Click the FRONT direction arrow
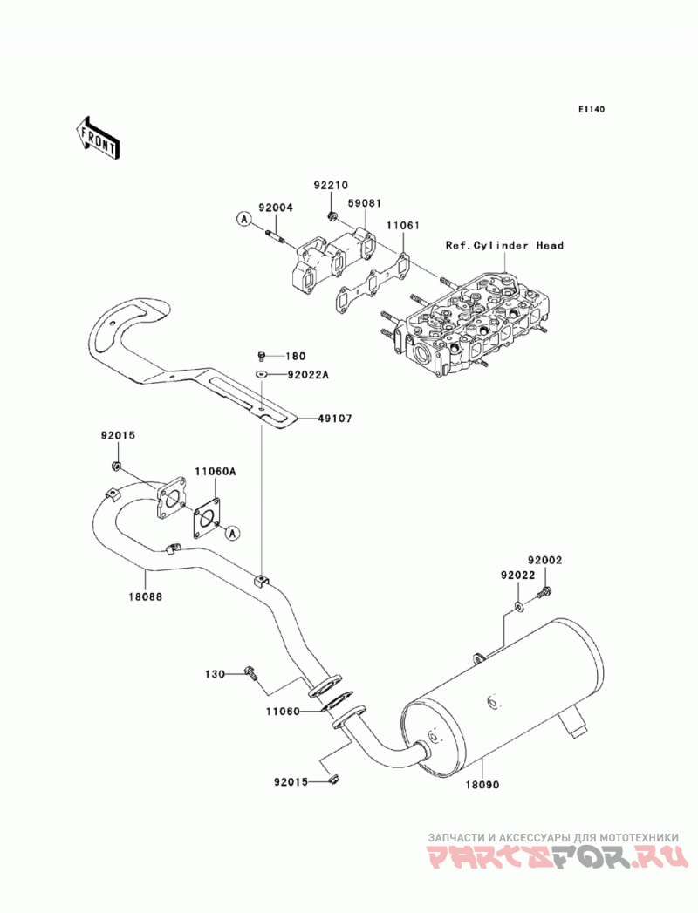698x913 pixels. point(97,139)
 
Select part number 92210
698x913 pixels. point(331,186)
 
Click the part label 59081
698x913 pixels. point(365,203)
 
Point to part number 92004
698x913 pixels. point(276,208)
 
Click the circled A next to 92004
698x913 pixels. point(243,219)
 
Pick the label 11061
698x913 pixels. point(402,225)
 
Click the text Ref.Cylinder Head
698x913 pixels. point(504,245)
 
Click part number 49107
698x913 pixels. point(335,418)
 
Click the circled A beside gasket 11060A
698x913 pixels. point(232,532)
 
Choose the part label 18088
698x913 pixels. point(147,596)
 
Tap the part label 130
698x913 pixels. point(215,674)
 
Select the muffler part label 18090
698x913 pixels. point(482,784)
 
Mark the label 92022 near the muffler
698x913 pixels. point(517,576)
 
